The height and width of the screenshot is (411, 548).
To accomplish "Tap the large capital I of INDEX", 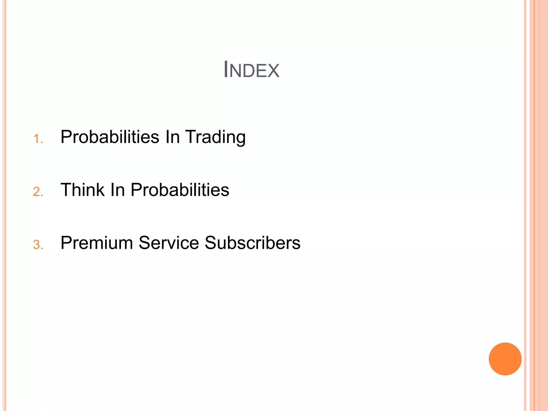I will [226, 70].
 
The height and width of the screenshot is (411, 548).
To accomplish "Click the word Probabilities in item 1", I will [110, 137].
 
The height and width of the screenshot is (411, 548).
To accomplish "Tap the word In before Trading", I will [172, 137].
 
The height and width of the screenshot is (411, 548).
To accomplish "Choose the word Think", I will [83, 190].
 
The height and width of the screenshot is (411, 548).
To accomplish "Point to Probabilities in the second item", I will [180, 190].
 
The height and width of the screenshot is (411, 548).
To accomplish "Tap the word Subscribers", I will [253, 243].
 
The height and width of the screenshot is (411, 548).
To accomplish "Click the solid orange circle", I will [505, 359].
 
